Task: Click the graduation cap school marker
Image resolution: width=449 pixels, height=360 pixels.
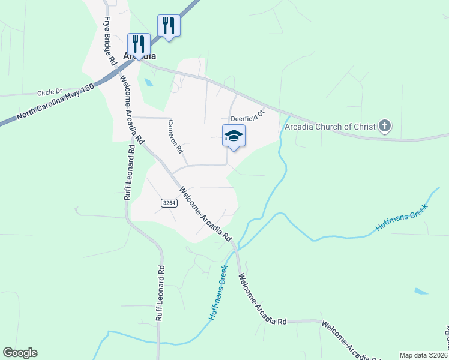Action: coord(234,136)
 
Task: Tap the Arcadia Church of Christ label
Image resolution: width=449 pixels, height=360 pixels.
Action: coord(330,127)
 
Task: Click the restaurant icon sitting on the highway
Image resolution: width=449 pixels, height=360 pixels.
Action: coord(169,26)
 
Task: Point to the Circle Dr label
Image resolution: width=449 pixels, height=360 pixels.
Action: coord(50,93)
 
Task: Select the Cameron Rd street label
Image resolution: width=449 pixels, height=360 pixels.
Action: coord(175,137)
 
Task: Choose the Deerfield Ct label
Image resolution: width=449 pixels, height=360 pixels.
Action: coord(248,114)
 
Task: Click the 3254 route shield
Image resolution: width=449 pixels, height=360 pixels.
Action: coord(169,204)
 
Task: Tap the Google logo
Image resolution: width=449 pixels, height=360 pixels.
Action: coord(20,353)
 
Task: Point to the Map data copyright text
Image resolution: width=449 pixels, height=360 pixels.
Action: coord(423,355)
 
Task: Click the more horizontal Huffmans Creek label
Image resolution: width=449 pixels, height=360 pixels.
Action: coord(401,218)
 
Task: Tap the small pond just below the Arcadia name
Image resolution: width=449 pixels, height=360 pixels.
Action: coord(148,82)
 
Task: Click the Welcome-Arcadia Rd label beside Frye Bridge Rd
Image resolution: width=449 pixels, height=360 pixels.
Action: coord(132,108)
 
